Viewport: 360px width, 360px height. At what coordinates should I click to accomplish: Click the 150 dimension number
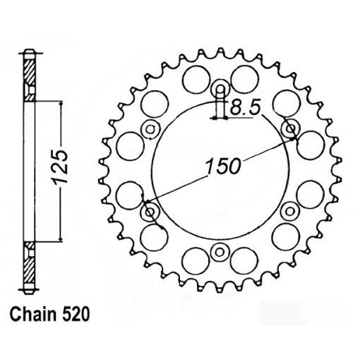[223, 167]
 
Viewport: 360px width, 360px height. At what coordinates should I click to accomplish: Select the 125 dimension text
[61, 169]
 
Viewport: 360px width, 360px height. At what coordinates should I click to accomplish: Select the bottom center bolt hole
[220, 252]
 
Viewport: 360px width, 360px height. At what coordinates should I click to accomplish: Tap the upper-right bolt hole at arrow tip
[290, 128]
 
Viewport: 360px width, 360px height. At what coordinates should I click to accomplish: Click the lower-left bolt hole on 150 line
[149, 211]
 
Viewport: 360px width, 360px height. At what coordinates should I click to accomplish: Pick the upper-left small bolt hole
[149, 128]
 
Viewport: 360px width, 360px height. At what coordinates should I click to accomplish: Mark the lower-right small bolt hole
[290, 211]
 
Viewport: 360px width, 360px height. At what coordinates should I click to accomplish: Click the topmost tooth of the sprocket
[220, 51]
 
